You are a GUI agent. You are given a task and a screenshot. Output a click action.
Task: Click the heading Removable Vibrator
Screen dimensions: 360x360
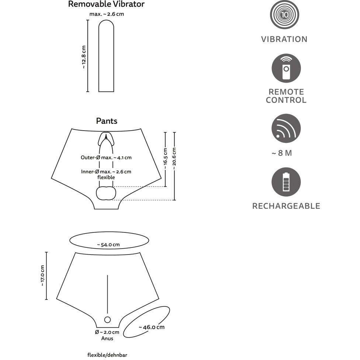point(106,4)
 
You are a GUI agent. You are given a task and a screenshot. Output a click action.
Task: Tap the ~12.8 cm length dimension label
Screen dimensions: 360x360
point(84,57)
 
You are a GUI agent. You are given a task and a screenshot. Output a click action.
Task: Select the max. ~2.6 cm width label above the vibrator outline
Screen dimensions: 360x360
point(106,14)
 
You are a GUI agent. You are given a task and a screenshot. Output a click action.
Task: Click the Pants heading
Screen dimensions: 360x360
point(107,121)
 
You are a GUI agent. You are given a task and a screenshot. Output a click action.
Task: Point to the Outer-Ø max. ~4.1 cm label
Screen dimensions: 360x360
point(106,157)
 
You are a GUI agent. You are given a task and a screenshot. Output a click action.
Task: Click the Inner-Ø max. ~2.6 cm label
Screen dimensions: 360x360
point(106,172)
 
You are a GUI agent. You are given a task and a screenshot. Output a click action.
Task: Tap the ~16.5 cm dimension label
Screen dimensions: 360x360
point(165,159)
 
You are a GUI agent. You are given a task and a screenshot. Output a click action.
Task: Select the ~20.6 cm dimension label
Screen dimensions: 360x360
point(174,159)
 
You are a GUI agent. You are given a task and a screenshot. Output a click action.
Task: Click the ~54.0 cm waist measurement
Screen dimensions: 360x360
point(108,245)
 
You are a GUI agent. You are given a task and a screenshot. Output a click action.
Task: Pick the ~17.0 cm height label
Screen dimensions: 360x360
point(42,276)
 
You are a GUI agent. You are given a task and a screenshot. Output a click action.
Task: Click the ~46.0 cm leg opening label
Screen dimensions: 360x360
point(151,327)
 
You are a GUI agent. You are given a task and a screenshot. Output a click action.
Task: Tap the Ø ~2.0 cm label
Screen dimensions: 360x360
point(107,332)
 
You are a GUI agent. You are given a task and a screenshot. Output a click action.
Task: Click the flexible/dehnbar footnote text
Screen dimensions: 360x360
point(107,355)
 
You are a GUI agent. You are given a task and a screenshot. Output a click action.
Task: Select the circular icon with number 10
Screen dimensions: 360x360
point(284,15)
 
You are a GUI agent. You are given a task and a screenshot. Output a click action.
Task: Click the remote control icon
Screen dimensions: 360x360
point(286,68)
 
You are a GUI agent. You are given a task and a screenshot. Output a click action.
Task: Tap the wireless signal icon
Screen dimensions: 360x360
point(286,128)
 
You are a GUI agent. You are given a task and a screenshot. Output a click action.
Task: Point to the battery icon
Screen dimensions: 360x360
point(286,182)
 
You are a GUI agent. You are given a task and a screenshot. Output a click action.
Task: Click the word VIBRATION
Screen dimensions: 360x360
point(284,39)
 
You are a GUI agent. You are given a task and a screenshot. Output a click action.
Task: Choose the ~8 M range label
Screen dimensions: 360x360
point(282,153)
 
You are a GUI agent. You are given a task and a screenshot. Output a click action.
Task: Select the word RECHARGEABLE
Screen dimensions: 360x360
point(286,206)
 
